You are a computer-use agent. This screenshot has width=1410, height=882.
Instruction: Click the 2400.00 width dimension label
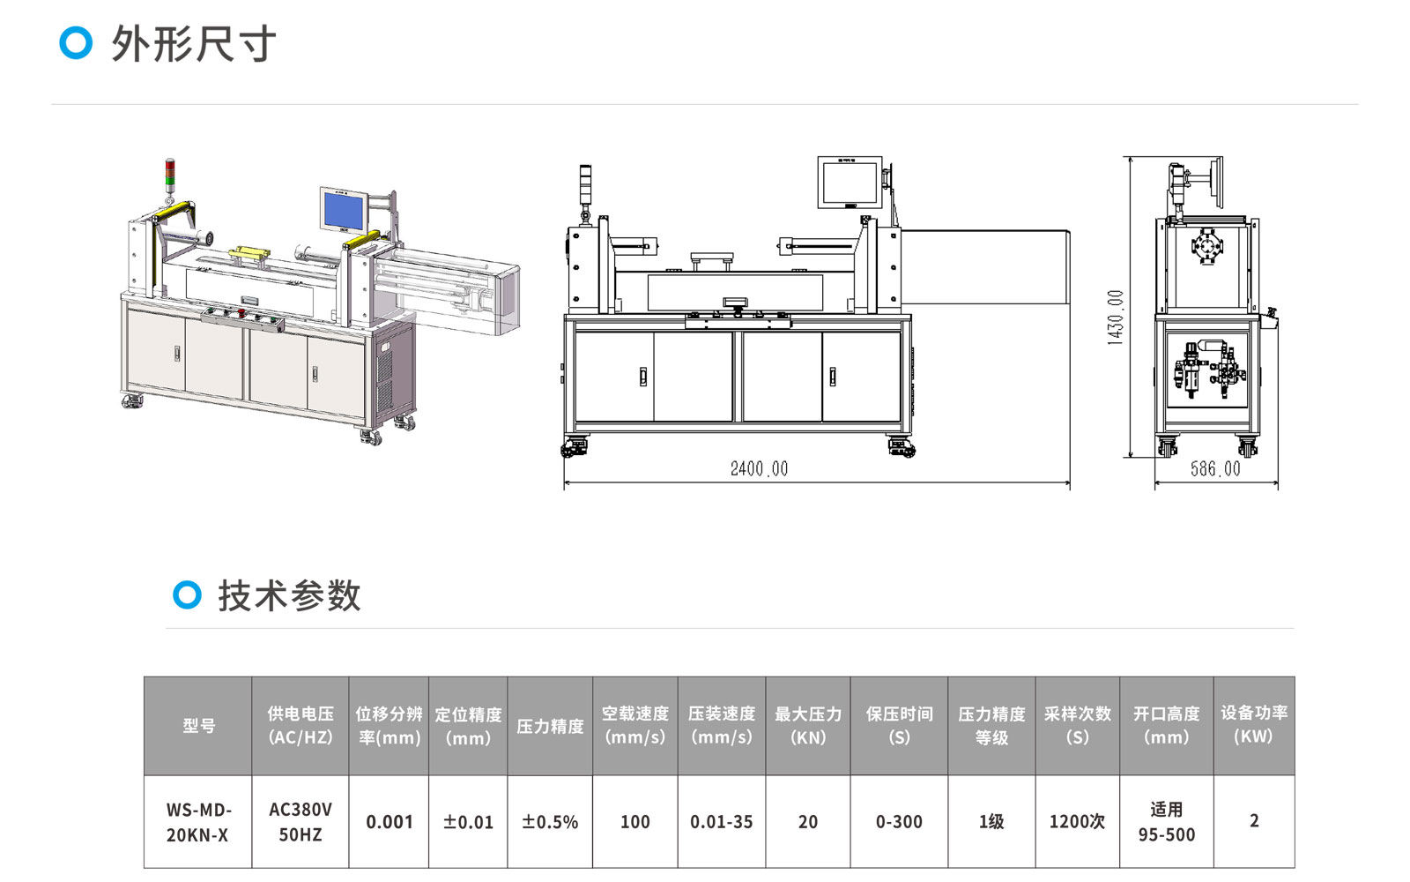759,468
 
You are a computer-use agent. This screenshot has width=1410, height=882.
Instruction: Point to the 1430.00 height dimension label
1115,318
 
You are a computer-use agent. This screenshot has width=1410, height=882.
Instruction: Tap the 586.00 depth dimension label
1215,468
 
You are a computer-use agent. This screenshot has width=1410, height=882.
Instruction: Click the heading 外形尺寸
194,43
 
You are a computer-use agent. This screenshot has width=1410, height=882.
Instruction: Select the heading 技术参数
290,595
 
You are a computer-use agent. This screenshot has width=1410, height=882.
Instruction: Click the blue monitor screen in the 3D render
343,210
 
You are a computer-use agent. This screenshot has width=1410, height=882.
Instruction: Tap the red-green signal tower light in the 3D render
170,175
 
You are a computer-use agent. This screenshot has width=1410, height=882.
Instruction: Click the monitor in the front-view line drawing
850,182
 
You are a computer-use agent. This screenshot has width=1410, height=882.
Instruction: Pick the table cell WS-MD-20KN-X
197,821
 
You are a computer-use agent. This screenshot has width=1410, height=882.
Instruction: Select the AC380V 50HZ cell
301,821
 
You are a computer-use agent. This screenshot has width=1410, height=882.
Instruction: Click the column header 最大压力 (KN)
807,726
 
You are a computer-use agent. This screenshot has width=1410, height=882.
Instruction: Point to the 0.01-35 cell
722,821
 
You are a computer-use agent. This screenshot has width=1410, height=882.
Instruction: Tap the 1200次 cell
1077,821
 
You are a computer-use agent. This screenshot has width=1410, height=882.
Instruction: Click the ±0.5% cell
550,821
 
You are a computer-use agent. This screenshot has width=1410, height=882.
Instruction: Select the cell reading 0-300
899,821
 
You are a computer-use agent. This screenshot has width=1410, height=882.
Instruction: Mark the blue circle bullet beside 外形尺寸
76,43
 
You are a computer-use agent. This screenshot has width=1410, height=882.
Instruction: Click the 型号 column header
197,726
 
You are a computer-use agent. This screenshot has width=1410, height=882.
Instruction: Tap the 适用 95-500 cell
1167,821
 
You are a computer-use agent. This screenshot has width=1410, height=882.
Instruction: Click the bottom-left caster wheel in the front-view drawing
574,446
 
